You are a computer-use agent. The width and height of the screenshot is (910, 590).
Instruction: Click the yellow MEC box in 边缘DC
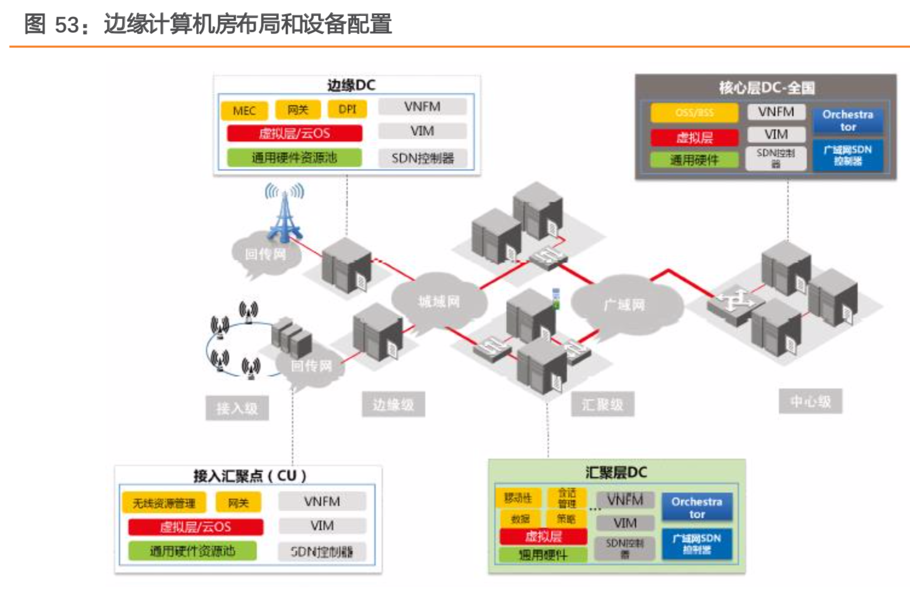[x=244, y=110]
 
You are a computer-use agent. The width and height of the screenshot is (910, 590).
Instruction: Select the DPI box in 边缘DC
[x=347, y=109]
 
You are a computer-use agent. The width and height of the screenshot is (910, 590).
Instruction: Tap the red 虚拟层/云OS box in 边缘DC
[x=295, y=134]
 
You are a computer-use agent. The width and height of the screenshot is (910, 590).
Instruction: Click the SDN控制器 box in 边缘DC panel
[x=422, y=158]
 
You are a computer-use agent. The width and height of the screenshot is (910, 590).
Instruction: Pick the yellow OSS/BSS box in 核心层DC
[x=694, y=113]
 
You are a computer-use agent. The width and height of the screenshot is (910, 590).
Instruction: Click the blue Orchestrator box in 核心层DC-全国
[x=848, y=121]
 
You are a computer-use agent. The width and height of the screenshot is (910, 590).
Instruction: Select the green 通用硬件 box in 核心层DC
[x=694, y=160]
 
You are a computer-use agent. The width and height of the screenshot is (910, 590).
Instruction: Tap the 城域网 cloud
[x=439, y=301]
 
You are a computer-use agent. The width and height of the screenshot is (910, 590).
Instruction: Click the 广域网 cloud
[x=624, y=305]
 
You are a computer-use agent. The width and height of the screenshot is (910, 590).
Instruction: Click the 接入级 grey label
[x=237, y=408]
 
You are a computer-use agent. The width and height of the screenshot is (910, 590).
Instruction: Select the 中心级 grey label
[x=810, y=401]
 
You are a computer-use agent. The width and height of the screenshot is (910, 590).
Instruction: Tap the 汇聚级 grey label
[x=602, y=404]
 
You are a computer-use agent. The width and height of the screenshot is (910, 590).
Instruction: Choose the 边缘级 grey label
[x=393, y=404]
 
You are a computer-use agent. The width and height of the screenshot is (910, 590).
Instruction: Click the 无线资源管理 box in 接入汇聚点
[x=164, y=503]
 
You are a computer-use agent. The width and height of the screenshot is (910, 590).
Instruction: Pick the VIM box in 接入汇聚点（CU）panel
[x=322, y=525]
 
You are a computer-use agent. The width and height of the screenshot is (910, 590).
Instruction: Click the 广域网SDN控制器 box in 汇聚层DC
[x=696, y=543]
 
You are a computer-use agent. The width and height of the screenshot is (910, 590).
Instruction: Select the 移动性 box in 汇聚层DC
[x=517, y=497]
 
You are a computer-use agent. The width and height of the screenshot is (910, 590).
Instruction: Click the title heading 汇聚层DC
[x=616, y=472]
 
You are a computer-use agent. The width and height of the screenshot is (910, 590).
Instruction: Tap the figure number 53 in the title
[x=66, y=24]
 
